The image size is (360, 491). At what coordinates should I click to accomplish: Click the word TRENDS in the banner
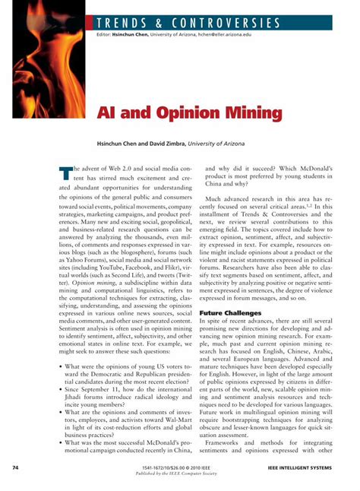(125, 23)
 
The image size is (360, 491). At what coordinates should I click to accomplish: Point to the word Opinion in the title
(181, 113)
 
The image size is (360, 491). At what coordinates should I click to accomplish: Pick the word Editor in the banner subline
(103, 35)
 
